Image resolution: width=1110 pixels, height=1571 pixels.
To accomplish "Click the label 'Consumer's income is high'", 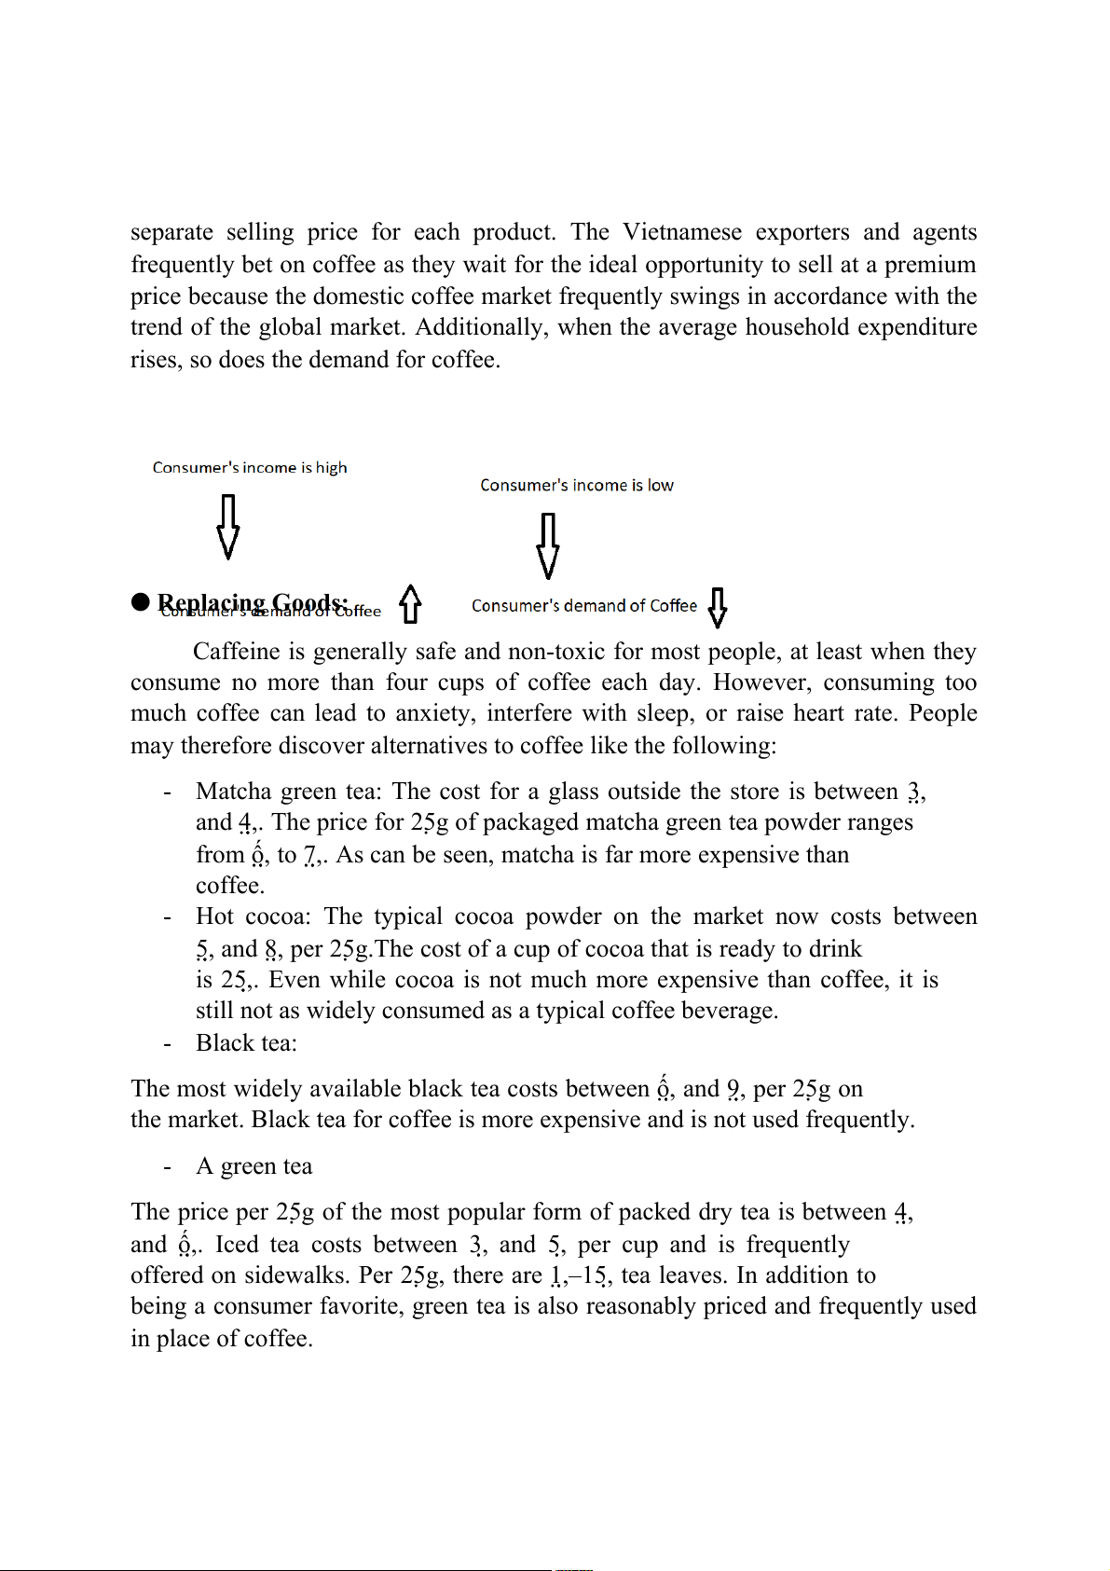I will (250, 467).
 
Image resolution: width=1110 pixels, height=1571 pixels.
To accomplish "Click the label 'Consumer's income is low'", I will (576, 485).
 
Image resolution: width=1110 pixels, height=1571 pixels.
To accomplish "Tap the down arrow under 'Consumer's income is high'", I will (227, 527).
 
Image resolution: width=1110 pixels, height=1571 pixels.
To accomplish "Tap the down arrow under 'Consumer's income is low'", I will (548, 545).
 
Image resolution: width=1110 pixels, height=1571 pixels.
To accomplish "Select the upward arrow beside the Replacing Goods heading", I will (410, 604).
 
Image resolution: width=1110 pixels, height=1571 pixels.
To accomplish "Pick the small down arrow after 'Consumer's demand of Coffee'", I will (717, 607).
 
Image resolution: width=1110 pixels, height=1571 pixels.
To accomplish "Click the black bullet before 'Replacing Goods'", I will (141, 602).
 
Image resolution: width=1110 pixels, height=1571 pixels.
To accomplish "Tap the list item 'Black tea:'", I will (246, 1042).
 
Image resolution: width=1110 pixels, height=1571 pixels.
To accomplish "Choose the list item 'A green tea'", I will (254, 1166).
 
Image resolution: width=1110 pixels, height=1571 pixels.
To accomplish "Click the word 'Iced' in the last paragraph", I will (236, 1245).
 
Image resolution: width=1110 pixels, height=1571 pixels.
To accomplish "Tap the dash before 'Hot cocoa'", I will (167, 917).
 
